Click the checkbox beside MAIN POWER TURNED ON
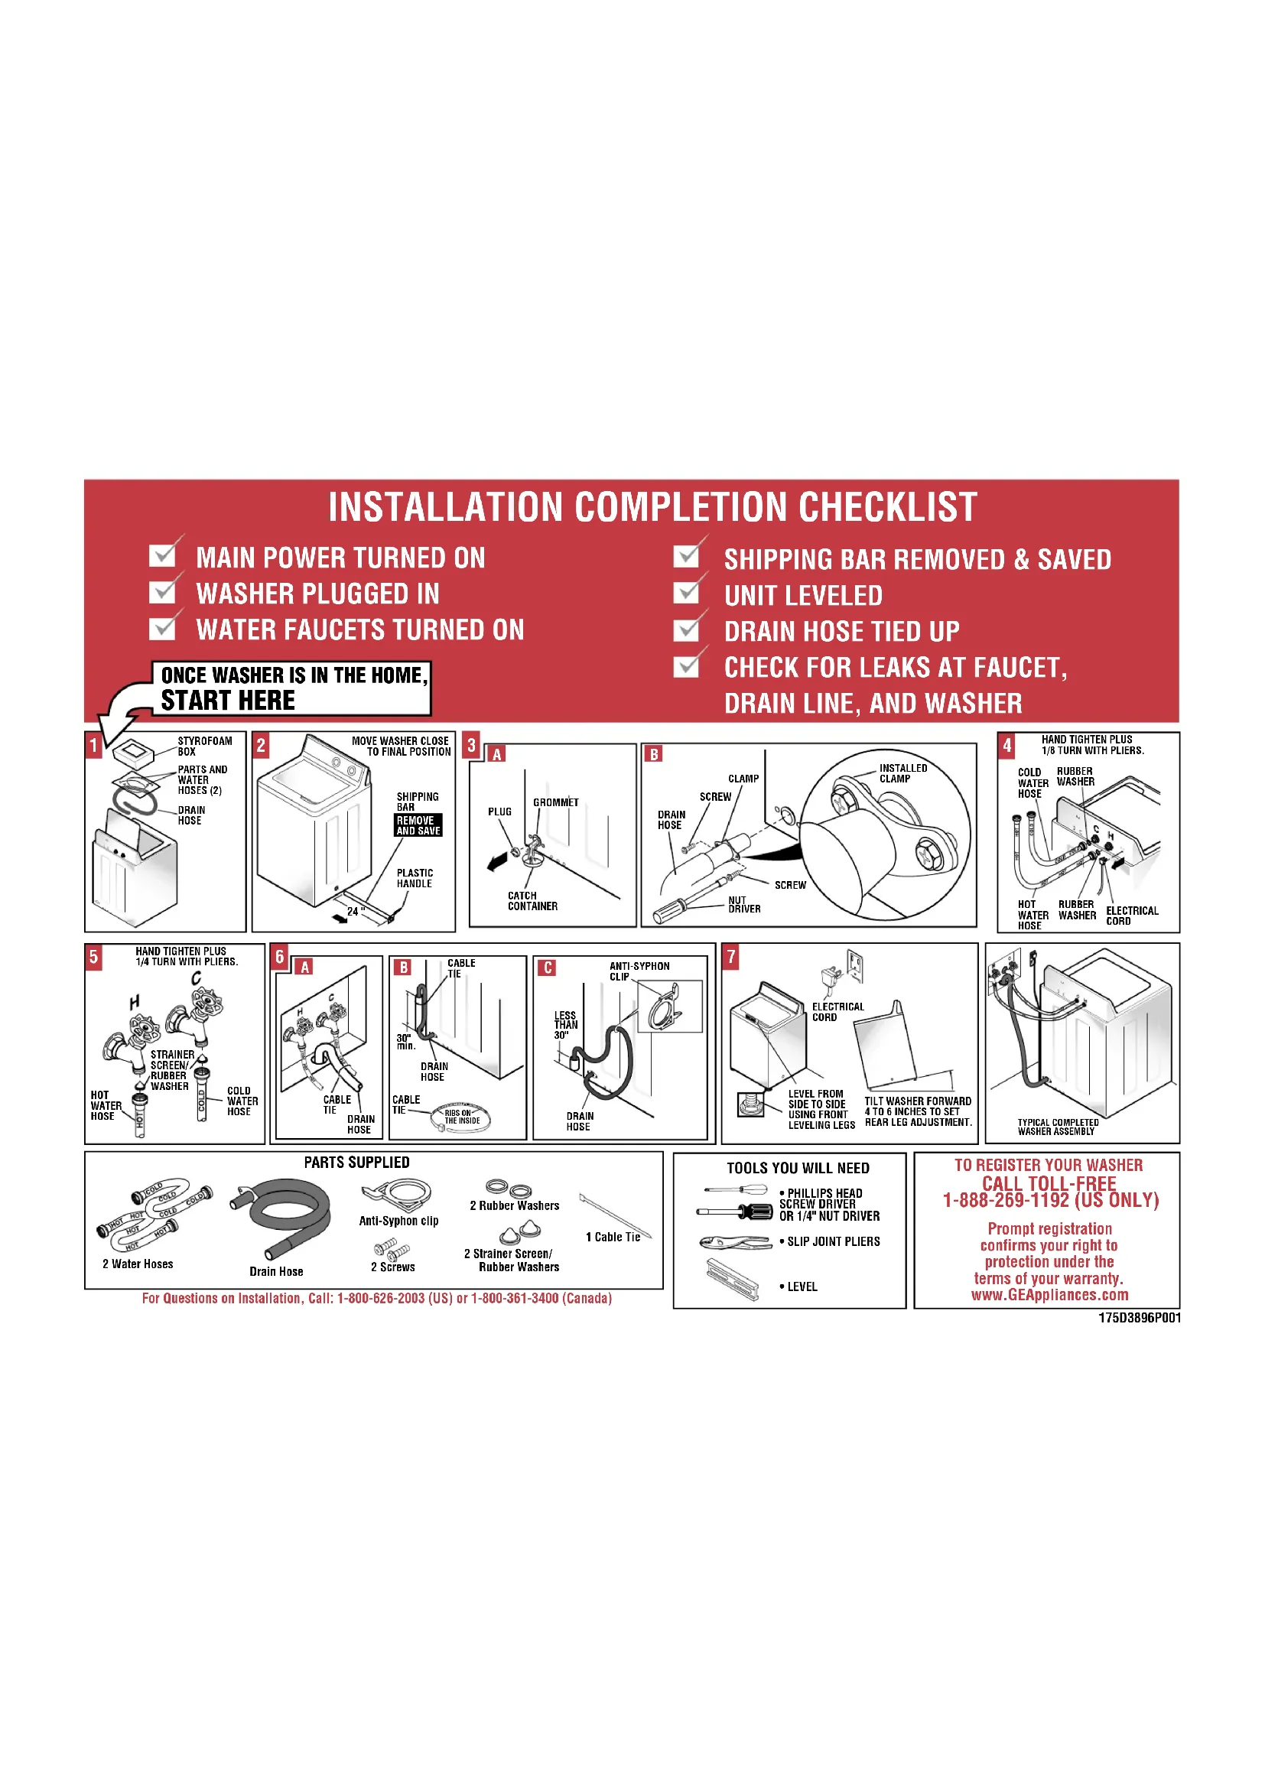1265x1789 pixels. (162, 555)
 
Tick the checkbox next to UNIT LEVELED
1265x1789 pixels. (686, 593)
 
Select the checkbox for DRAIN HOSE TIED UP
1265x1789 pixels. (686, 629)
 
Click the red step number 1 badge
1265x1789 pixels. (93, 745)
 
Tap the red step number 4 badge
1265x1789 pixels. (1006, 745)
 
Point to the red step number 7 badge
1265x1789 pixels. (730, 956)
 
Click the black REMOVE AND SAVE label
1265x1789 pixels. (418, 825)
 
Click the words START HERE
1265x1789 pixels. (228, 701)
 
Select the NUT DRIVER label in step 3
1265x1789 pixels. (744, 904)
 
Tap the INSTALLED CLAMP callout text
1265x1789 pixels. (902, 773)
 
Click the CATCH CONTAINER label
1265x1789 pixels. (532, 901)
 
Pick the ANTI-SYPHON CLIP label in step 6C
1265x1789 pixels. (639, 971)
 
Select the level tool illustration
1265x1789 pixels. (732, 1280)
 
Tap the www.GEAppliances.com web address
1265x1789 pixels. (1049, 1294)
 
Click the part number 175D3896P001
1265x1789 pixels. (1140, 1318)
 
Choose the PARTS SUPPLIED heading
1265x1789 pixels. (356, 1163)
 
